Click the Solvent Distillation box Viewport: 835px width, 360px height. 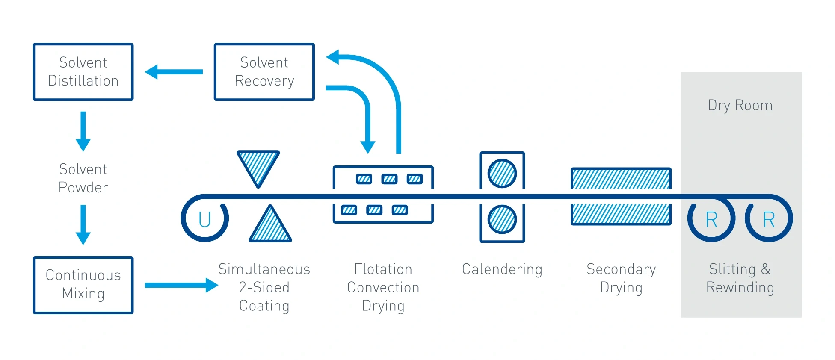coord(83,72)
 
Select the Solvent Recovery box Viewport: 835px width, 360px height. coord(264,72)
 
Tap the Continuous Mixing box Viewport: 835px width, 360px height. coord(83,285)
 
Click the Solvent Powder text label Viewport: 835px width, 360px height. coord(83,178)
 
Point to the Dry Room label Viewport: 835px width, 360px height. coord(740,106)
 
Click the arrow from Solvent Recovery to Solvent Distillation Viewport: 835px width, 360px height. coord(174,72)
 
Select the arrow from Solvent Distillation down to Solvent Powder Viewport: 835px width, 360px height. coord(83,132)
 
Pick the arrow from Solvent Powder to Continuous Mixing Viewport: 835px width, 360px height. coord(83,225)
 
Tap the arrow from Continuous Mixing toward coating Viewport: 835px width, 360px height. coord(182,285)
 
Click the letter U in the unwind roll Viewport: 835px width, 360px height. coord(205,220)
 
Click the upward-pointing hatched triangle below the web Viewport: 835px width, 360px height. coord(270,224)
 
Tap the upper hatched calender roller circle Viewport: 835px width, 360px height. coord(502,174)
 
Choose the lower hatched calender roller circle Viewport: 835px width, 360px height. coord(502,219)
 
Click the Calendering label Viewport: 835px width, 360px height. coord(502,269)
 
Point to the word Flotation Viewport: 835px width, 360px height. coord(383,269)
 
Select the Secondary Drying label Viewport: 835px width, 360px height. coord(621,278)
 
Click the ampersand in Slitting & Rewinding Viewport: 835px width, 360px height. coord(766,269)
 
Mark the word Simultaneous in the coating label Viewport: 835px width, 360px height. coord(264,269)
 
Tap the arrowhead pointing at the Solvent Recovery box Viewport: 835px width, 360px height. coord(333,57)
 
